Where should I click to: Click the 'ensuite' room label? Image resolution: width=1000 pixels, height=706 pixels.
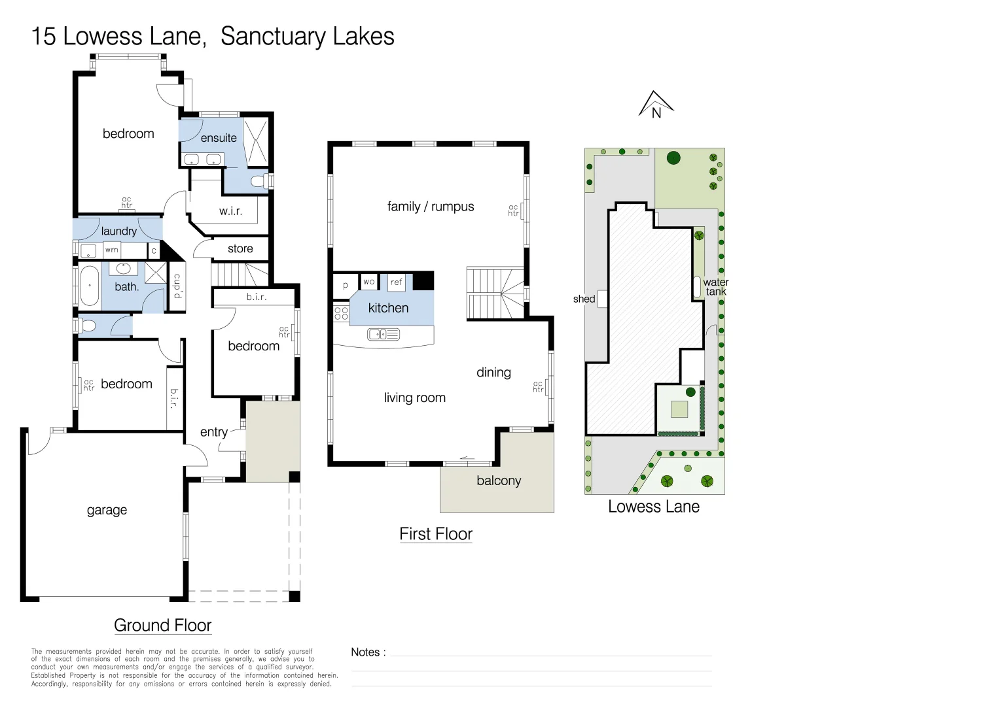click(219, 138)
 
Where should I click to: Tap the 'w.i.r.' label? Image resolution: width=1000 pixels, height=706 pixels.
click(230, 211)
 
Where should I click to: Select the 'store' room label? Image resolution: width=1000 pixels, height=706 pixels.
click(240, 248)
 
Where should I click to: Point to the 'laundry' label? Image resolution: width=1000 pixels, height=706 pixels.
click(118, 231)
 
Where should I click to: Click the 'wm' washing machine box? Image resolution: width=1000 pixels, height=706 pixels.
click(112, 250)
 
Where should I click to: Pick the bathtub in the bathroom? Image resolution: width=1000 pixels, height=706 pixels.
click(90, 286)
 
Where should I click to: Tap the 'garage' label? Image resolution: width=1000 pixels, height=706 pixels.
click(107, 510)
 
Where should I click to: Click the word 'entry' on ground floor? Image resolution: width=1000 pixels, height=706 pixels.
click(214, 431)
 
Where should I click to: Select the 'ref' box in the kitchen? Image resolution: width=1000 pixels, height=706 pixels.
click(397, 282)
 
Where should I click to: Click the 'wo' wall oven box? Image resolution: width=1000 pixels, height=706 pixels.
click(368, 281)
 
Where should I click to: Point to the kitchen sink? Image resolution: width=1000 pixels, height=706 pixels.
click(384, 334)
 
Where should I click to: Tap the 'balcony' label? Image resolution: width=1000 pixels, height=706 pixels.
click(499, 480)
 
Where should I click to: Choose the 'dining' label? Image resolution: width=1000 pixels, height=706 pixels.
click(493, 373)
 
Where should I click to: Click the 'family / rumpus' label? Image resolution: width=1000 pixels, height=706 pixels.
click(431, 207)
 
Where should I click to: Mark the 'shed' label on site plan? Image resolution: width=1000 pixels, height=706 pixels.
click(584, 299)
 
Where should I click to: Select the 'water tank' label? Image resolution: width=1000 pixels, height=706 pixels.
click(715, 287)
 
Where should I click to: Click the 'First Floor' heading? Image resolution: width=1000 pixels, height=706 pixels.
click(436, 534)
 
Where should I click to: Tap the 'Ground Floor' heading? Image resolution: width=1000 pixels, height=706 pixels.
click(162, 626)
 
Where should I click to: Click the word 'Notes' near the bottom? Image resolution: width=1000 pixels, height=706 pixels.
click(365, 652)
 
